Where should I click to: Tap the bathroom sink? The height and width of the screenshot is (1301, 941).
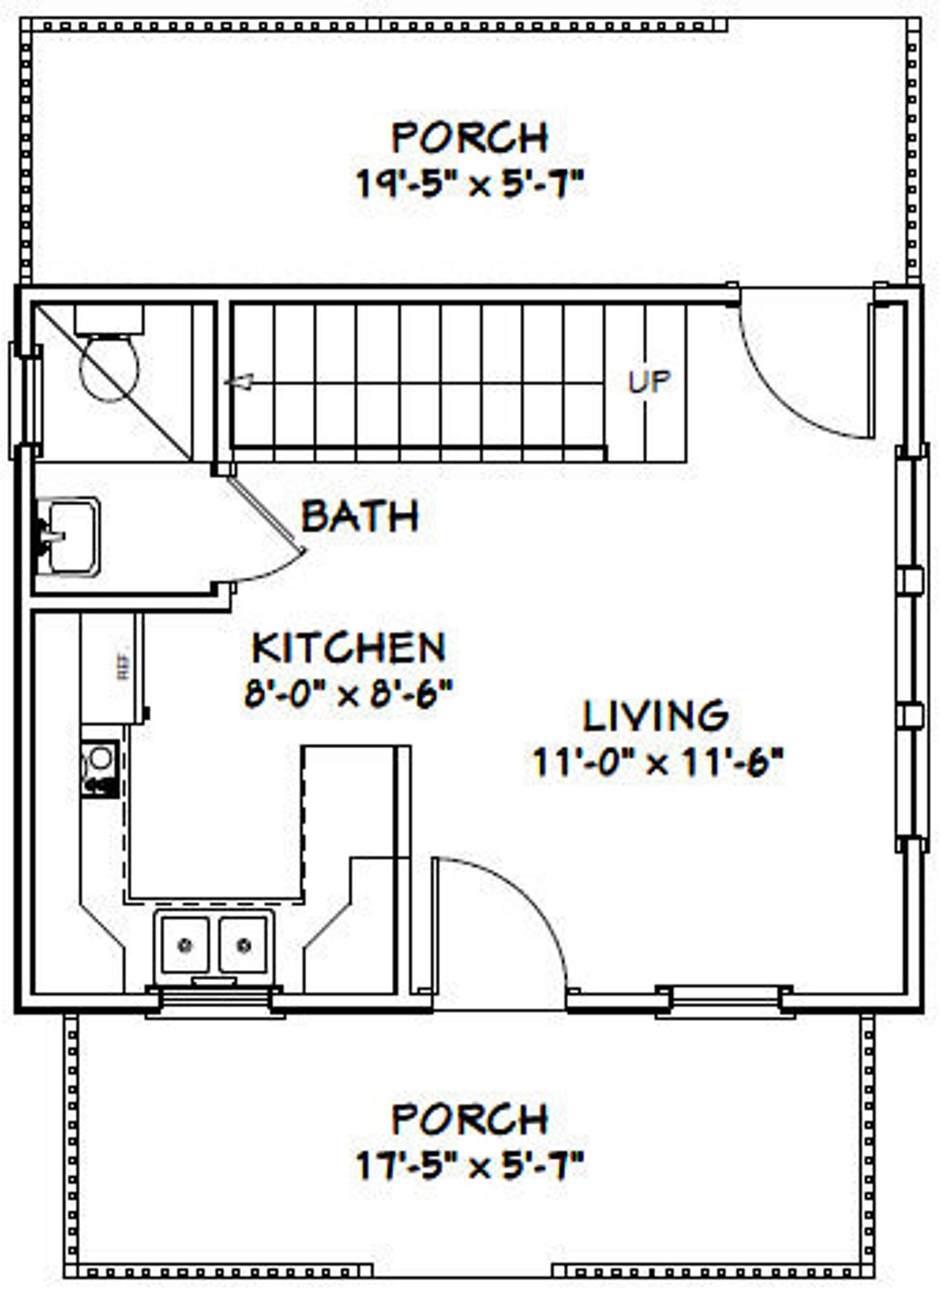tap(71, 536)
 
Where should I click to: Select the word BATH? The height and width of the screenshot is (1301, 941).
tap(360, 516)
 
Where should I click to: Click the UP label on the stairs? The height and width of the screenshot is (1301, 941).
tap(649, 381)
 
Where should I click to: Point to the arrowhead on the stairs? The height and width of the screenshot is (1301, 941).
tap(239, 382)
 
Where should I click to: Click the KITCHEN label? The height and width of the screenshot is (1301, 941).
tap(348, 647)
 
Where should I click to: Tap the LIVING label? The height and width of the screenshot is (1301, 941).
tap(655, 716)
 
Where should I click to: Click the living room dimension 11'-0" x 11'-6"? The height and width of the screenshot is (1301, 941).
tap(655, 762)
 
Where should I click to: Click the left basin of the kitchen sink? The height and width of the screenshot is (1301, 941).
tap(184, 944)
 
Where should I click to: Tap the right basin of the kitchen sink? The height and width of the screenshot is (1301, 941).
tap(244, 944)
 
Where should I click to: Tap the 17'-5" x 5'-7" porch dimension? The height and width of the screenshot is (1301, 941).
tap(470, 1166)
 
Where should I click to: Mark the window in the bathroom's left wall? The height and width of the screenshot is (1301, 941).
tap(23, 400)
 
